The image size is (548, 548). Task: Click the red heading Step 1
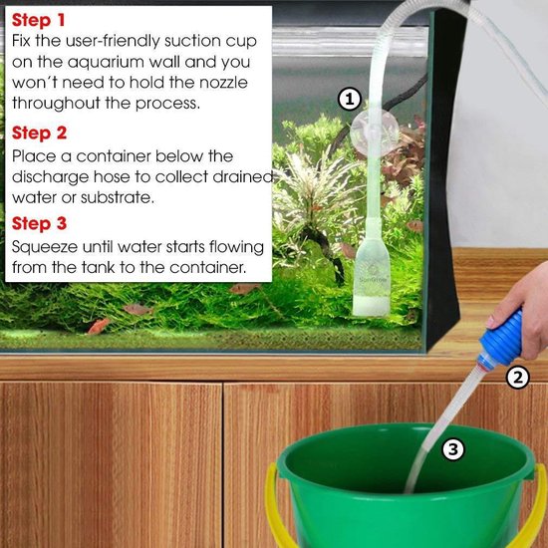pos(39,19)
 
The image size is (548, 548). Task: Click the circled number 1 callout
pos(348,98)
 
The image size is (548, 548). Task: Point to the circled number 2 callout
pos(516,377)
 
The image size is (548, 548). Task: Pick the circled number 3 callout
pos(453,449)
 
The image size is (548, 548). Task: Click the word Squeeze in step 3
pos(43,246)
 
